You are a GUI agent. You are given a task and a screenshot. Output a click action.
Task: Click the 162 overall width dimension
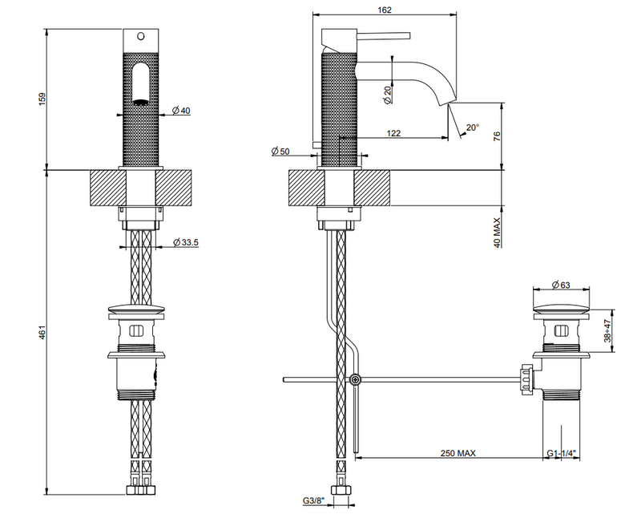[x=385, y=10]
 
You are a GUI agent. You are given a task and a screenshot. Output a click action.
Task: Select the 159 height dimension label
[x=42, y=99]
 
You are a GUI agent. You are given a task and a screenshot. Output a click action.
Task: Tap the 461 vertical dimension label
[x=42, y=333]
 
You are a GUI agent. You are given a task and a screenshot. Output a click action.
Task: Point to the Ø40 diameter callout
[x=181, y=111]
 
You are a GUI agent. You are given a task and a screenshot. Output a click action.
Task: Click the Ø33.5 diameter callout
[x=186, y=242]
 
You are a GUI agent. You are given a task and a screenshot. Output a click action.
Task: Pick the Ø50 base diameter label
[x=280, y=151]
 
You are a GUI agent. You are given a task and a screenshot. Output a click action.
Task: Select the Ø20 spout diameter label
[x=388, y=95]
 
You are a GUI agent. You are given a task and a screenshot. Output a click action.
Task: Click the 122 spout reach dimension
[x=393, y=133]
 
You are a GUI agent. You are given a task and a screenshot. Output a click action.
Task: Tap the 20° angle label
[x=472, y=127]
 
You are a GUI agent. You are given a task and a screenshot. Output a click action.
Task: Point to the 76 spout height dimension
[x=497, y=136]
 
